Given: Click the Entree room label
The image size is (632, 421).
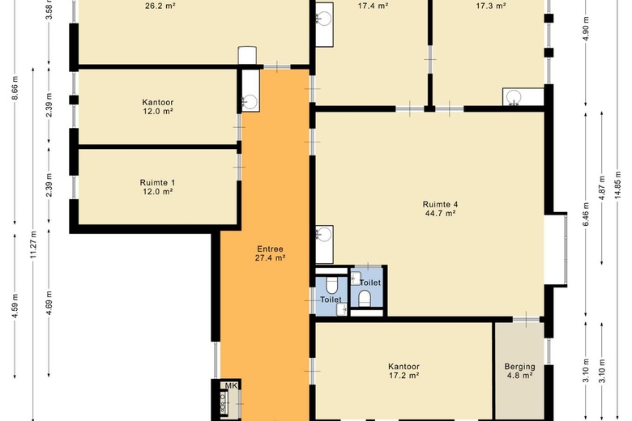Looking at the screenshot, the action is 270,249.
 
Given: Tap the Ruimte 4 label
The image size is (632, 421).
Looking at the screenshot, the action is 440,204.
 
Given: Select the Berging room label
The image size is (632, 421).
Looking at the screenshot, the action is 519,367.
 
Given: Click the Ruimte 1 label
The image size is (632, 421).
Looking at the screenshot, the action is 158,182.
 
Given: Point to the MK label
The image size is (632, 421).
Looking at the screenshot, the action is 231,385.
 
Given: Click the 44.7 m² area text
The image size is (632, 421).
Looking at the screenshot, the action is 440,214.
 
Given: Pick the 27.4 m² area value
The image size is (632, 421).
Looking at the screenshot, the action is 270,257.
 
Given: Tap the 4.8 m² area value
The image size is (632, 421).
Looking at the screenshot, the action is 519,376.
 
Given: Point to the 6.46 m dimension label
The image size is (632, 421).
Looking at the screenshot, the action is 586,214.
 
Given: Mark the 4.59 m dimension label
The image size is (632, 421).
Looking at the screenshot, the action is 15,306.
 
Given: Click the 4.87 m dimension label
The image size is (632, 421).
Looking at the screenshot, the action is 602,188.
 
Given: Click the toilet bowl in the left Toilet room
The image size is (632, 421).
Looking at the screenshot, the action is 331,285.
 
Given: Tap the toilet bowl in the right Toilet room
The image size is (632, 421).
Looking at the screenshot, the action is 365,299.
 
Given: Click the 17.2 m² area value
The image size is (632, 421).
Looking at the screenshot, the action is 404,376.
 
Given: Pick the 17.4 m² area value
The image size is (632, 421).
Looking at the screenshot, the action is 373,6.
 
